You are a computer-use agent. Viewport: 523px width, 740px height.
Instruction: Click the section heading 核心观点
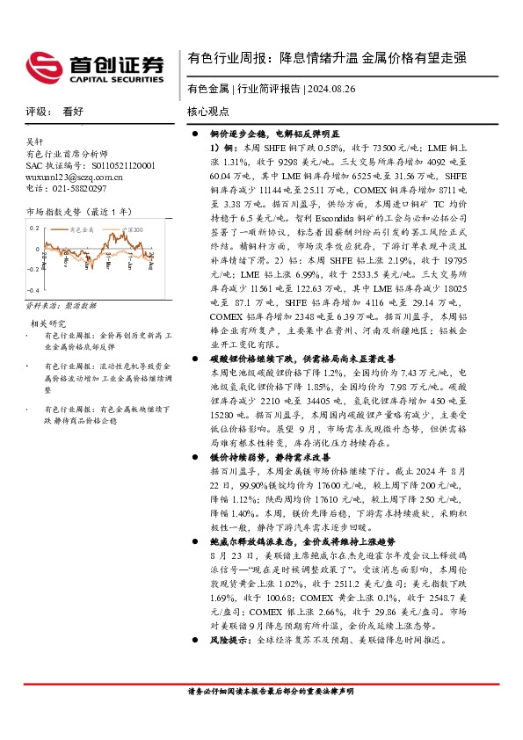207,112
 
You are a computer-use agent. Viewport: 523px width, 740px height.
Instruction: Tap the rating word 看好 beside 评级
72,112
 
